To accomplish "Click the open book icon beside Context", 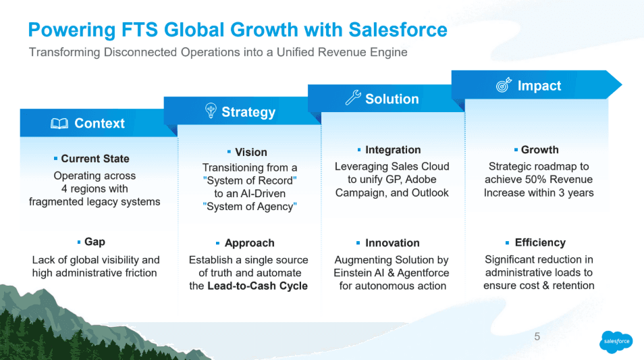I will point(59,124).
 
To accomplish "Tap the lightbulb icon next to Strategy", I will point(210,111).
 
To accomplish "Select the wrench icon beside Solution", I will point(353,99).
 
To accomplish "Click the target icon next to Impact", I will point(504,86).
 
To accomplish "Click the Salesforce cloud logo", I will point(616,341).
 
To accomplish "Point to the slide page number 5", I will point(537,336).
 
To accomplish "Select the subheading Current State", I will point(95,159).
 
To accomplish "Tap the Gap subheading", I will point(95,242).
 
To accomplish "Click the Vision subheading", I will point(251,152).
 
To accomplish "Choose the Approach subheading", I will point(250,243).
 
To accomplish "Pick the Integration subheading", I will point(393,150).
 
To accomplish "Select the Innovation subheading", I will point(392,243).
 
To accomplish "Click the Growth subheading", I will point(540,150).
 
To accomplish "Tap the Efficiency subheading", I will point(540,242).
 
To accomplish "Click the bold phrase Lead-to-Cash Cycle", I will point(257,286).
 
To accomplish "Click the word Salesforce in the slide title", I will point(398,30).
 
